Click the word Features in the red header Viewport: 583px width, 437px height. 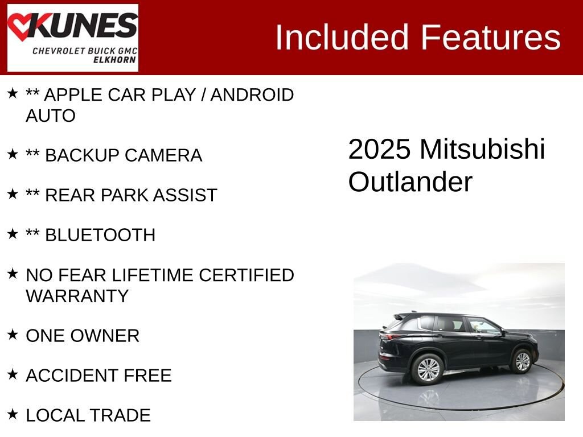tap(491, 38)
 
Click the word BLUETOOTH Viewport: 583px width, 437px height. tap(100, 235)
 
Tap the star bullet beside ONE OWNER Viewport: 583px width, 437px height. tap(13, 335)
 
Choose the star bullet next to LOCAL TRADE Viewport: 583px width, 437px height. tap(13, 414)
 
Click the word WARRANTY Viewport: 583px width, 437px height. tap(77, 296)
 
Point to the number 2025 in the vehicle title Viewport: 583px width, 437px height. tap(379, 149)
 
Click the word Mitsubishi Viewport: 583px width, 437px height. tap(482, 149)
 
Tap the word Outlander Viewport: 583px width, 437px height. tap(410, 182)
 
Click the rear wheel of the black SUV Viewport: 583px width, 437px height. tap(428, 369)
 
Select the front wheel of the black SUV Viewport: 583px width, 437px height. tap(522, 361)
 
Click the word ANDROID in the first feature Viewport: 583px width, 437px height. tap(252, 94)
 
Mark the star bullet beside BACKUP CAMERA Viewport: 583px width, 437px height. tap(13, 154)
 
